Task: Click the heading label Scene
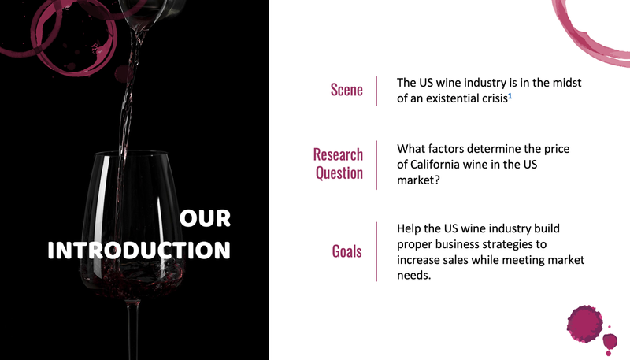point(346,90)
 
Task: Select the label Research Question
point(338,163)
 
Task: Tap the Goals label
point(346,251)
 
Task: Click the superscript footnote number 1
point(510,96)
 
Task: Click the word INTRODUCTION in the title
point(139,251)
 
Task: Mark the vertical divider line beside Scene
point(376,91)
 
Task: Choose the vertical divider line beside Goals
point(376,251)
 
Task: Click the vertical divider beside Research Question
point(376,164)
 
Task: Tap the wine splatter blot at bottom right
point(587,323)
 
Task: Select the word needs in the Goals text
point(414,276)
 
